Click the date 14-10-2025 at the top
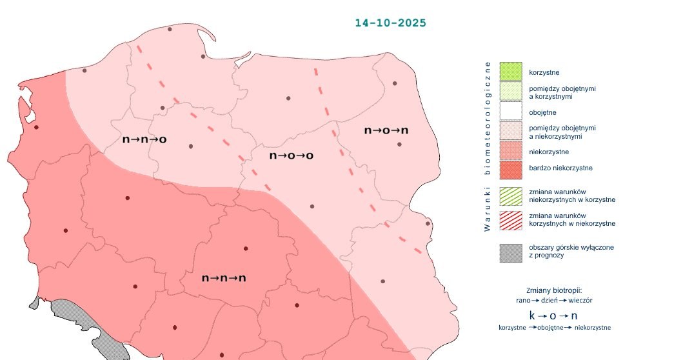coord(390,23)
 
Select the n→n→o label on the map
coord(144,139)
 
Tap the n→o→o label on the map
coord(292,155)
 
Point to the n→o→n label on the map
coord(386,130)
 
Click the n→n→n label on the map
coord(224,278)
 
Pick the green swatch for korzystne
coord(510,71)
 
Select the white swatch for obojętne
coord(510,112)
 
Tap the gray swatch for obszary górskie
coord(510,252)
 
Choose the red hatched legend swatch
coord(510,220)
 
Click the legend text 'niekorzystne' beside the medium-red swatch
coord(548,152)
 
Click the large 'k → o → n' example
coord(553,315)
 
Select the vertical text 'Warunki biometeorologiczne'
coord(488,146)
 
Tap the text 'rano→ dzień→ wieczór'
coord(554,301)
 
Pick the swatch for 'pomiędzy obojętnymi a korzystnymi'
coord(510,92)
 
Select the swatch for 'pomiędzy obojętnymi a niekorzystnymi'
coord(510,132)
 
